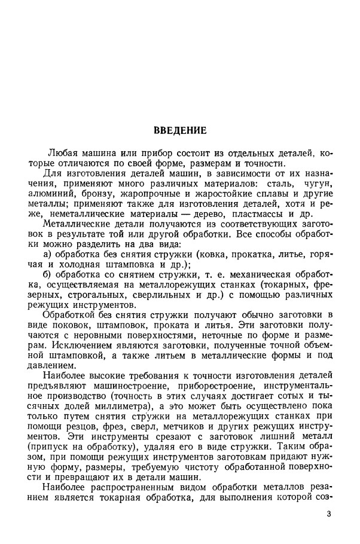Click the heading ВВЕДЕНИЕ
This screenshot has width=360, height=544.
tap(179, 130)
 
